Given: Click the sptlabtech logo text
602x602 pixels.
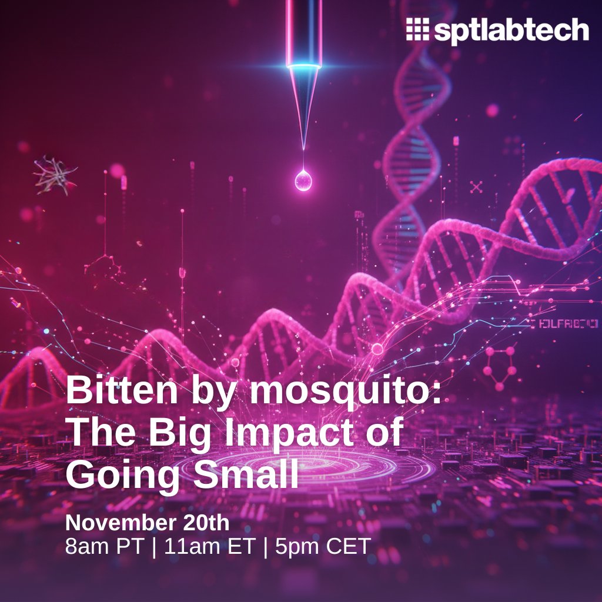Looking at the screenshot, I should point(511,31).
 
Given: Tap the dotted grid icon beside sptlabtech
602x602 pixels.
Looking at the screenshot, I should point(418,29).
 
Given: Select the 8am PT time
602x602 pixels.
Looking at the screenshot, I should point(104,547).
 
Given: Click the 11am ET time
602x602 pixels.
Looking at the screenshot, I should point(210,547).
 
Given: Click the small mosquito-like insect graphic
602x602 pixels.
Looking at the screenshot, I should point(55,175).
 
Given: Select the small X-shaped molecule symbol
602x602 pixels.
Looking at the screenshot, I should point(476,188).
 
